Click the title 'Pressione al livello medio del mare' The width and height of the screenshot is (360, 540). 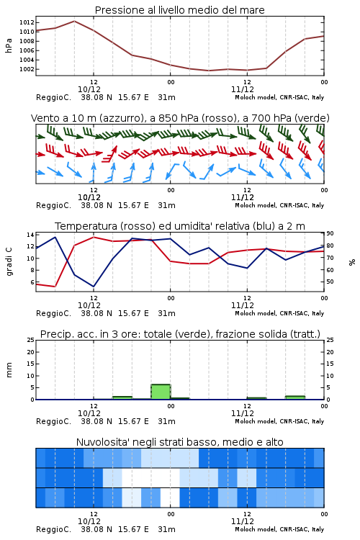tap(179, 10)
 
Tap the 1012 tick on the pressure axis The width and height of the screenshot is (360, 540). tap(27, 23)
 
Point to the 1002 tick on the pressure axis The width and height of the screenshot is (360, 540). tap(27, 69)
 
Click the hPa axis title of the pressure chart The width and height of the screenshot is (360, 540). tap(9, 45)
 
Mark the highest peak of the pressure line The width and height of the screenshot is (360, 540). tap(74, 21)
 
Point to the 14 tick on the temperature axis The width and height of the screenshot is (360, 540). tap(30, 235)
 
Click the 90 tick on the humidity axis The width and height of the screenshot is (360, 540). tap(330, 233)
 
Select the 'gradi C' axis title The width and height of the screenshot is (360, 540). tap(9, 261)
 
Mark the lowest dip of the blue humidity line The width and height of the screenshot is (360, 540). tap(94, 287)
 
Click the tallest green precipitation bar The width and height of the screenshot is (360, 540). tap(161, 392)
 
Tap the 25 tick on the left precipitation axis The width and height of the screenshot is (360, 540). tap(30, 340)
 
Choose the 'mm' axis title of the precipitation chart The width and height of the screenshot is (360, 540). tap(9, 369)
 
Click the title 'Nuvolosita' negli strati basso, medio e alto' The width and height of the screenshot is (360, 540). tap(179, 442)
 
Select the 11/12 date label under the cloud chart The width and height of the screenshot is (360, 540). tap(243, 521)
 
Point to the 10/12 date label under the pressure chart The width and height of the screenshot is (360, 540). tap(89, 89)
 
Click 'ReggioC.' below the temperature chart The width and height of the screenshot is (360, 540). tap(53, 313)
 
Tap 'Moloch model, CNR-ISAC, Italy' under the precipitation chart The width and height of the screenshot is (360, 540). tap(279, 421)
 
